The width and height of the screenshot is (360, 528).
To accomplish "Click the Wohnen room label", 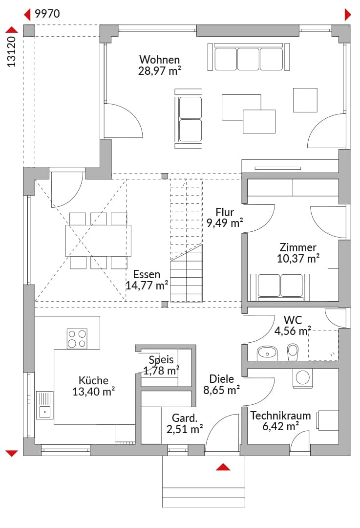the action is click(159, 60).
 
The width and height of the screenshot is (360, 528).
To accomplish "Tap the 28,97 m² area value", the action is click(159, 71).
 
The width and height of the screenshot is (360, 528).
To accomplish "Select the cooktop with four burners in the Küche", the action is click(77, 338).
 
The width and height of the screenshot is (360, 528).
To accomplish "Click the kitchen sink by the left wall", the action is click(45, 405).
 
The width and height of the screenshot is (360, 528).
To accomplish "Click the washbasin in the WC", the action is click(267, 353).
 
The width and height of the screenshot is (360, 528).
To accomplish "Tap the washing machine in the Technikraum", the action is click(302, 378).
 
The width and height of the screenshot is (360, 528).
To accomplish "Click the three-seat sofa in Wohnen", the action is click(249, 57).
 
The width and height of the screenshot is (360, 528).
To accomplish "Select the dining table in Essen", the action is click(98, 241).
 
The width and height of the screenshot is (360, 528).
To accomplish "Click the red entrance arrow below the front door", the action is click(223, 467).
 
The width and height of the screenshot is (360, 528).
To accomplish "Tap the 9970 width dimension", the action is click(47, 14).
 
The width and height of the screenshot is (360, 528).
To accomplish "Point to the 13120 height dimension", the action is click(11, 51).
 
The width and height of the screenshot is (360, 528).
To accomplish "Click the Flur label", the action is click(225, 212).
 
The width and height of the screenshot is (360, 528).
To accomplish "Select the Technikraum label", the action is click(280, 416).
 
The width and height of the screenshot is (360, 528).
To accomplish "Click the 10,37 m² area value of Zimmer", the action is click(298, 259).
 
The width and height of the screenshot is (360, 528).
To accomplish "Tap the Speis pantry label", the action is click(161, 360).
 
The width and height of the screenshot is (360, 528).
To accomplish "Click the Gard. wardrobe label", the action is click(184, 418).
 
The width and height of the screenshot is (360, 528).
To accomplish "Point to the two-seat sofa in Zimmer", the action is click(280, 286).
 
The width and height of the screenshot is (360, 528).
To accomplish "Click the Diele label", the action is click(221, 379).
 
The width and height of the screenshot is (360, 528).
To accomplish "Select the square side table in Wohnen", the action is click(305, 100).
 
